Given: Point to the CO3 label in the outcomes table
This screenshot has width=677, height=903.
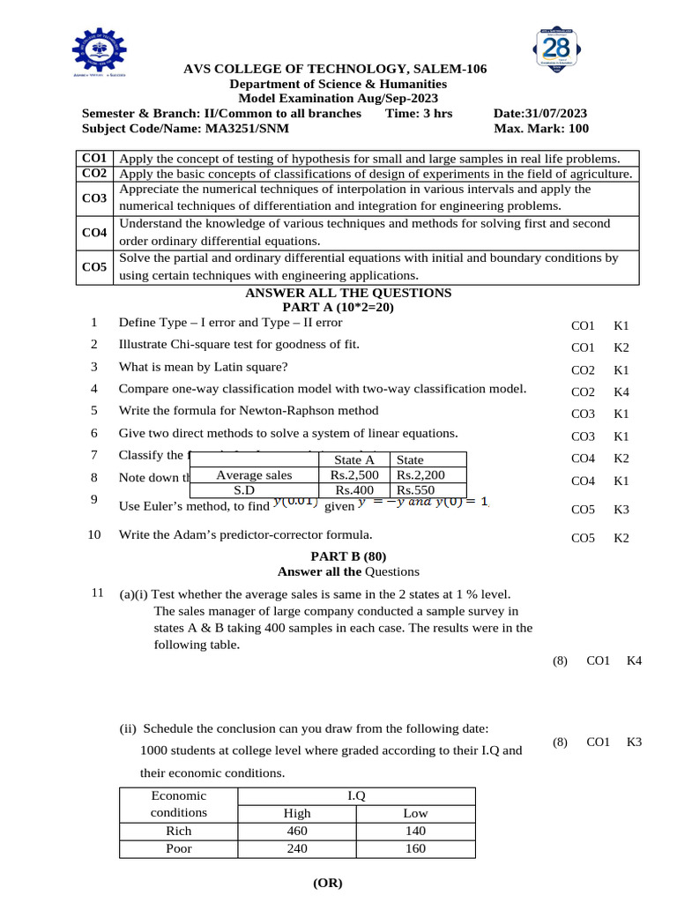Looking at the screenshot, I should tap(94, 198).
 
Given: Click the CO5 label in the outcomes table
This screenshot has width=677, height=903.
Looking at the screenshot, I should tap(94, 266).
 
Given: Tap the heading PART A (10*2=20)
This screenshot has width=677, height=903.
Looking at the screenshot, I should tap(338, 308).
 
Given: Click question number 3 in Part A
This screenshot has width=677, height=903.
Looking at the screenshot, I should tap(94, 367).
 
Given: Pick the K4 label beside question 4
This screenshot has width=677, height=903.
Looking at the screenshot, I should tap(621, 392).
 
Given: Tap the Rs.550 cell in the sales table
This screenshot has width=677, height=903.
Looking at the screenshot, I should tap(416, 490).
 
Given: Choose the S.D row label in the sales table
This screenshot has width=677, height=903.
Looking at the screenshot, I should tap(254, 490).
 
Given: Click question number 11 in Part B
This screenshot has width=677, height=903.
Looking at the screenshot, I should tap(98, 593).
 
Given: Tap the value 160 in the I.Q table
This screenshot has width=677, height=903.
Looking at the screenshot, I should tap(415, 848).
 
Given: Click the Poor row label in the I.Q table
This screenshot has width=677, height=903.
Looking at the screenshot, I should tap(179, 848).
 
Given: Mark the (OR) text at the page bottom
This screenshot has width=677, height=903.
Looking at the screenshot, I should tap(328, 883).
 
